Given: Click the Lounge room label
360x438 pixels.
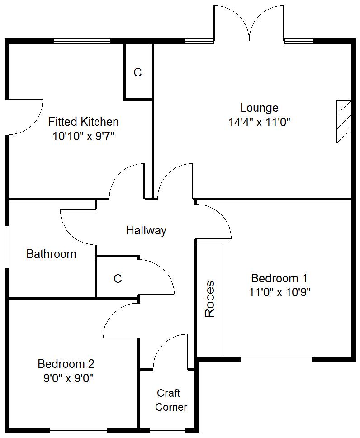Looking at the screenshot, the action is pos(259,108).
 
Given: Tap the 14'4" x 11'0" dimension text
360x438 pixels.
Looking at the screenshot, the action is pos(260,122).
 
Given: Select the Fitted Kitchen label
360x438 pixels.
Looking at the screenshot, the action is pos(83,122).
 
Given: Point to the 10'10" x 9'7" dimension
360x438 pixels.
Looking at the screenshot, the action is pos(84,137).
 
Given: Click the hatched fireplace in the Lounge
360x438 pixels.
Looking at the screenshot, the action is pos(344,122).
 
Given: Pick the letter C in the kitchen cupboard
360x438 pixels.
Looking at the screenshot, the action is pos(137,72).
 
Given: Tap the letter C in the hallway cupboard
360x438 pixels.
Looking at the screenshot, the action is pos(118,278).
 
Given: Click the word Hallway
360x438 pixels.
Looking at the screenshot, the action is pos(146,230).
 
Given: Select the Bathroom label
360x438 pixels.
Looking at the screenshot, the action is pos(51,254).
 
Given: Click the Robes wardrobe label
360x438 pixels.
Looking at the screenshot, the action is pos(210,299).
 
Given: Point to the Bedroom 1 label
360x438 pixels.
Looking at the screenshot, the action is pos(279,278).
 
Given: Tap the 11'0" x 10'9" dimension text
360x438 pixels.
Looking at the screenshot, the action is pos(279,292).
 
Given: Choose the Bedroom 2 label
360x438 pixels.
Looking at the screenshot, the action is pos(66,364).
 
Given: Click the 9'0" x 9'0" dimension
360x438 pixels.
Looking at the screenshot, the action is pos(68,379).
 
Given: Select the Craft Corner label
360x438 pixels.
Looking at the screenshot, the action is pos(171,400).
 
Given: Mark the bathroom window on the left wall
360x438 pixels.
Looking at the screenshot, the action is pos(7,247).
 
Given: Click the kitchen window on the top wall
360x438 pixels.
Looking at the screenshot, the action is pos(82,41).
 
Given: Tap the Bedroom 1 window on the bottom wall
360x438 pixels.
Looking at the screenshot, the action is pos(276,359).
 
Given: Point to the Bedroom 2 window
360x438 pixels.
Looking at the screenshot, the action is pos(79,430).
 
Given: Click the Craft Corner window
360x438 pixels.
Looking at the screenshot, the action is pos(164,430).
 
